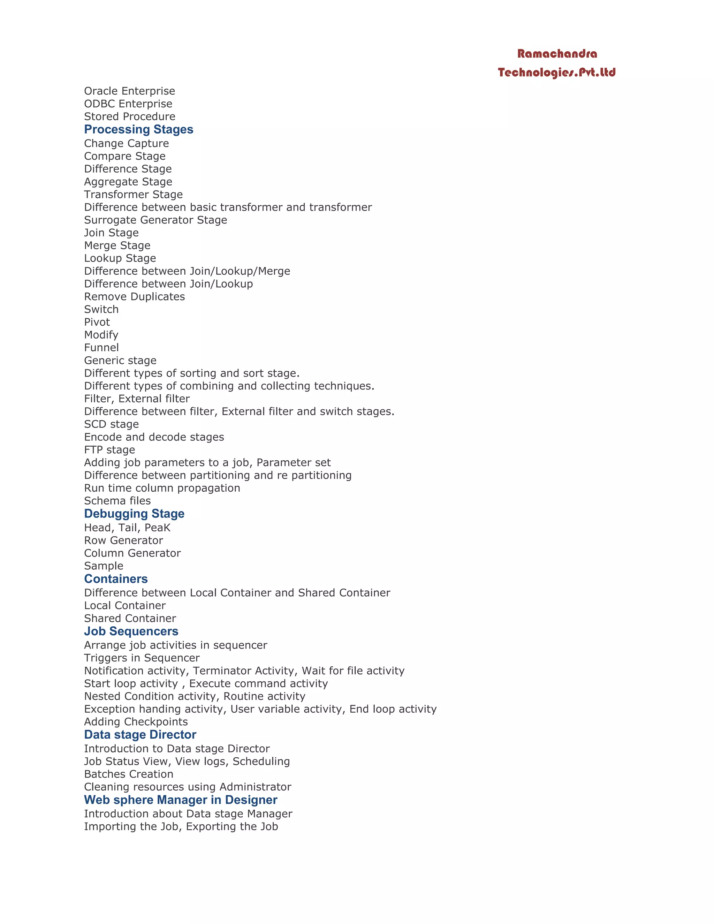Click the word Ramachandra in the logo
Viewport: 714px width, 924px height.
(557, 54)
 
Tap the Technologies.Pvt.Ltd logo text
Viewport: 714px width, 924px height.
(557, 72)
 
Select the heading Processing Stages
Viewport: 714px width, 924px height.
(138, 129)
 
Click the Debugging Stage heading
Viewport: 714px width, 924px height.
(134, 514)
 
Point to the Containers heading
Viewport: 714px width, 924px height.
(116, 579)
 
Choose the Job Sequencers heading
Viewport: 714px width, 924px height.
(131, 631)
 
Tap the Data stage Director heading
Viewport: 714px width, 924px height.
(140, 734)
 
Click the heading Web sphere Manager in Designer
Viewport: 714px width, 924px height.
(181, 800)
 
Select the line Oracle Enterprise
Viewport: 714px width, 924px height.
(129, 91)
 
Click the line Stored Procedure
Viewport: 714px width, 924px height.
(129, 116)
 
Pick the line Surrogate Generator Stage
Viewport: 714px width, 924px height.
(155, 220)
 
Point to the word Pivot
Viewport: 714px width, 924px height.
(97, 322)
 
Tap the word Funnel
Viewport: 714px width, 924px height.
(101, 348)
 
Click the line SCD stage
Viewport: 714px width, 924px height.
(111, 424)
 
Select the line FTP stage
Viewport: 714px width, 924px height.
(109, 450)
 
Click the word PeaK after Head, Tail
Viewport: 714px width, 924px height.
(157, 528)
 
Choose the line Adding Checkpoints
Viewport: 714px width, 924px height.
(136, 722)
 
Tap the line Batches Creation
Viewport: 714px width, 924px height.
(129, 774)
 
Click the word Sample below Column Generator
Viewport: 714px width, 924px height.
(104, 566)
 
